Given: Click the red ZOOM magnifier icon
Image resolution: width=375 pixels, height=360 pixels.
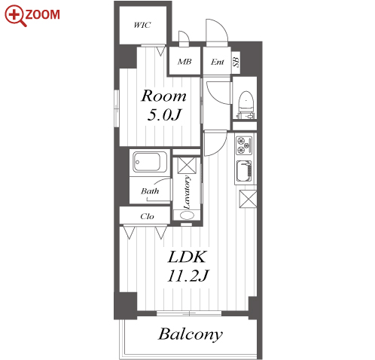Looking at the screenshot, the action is coord(16,15).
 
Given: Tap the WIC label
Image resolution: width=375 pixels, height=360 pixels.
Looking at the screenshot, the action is coord(142,25).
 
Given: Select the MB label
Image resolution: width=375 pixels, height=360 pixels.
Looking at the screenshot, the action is coord(184,61).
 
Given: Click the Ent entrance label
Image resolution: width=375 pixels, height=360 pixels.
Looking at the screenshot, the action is coord(218,62).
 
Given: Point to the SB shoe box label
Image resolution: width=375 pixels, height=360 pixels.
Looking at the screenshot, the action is coord(236,62).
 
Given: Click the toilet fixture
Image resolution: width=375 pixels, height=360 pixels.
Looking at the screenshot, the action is coord(245,105).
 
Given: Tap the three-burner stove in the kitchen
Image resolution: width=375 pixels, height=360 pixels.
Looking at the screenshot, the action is coord(243,145).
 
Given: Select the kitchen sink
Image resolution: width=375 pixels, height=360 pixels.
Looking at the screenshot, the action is coord(243,171).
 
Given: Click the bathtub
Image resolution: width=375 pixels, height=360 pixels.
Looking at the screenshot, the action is coord(150,162).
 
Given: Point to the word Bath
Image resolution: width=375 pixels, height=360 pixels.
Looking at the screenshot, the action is coord(150,191).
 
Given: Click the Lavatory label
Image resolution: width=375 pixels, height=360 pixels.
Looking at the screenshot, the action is coord(187,192).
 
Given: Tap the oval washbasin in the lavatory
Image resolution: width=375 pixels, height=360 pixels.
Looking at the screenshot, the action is coord(187,215).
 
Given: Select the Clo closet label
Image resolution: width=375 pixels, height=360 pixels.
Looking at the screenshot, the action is coord(147,216).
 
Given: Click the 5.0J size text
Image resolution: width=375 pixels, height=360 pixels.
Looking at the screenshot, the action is coord(163,114).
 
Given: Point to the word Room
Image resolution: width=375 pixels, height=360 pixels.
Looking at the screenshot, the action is coord(163,96).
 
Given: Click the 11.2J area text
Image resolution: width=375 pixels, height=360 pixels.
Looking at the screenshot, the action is coord(188,276).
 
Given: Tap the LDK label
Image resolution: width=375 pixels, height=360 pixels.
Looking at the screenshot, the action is coord(187,257).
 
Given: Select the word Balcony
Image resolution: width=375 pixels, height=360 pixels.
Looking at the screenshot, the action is coord(191,334).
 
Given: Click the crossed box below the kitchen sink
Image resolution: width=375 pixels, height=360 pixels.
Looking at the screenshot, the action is coord(248,199).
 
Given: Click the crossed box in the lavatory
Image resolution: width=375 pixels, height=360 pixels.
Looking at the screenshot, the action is coord(187,165).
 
